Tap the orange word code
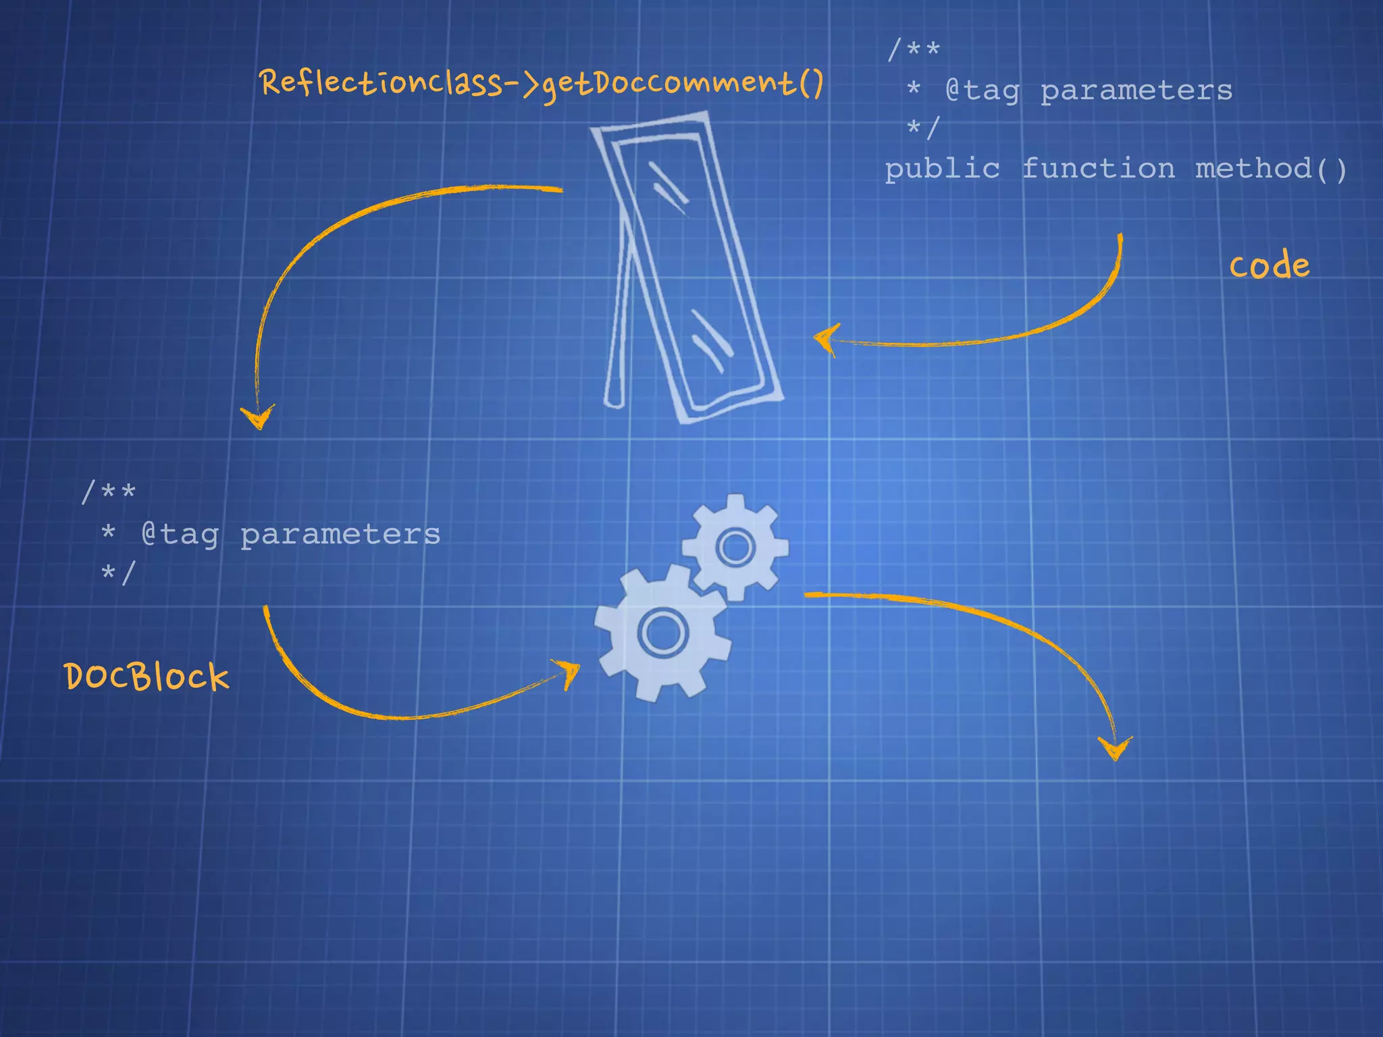(1269, 265)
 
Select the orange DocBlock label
(147, 676)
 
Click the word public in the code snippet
(942, 169)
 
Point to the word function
(1098, 168)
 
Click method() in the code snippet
(1271, 168)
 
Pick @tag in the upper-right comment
(982, 90)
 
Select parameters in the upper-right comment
(1136, 90)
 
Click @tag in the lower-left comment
(180, 534)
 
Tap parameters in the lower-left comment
(340, 534)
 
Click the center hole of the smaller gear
(735, 546)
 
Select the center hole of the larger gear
(662, 633)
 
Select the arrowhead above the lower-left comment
(257, 417)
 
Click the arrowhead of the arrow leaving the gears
(1114, 748)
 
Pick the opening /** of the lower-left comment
(108, 491)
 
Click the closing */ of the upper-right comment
(922, 128)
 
